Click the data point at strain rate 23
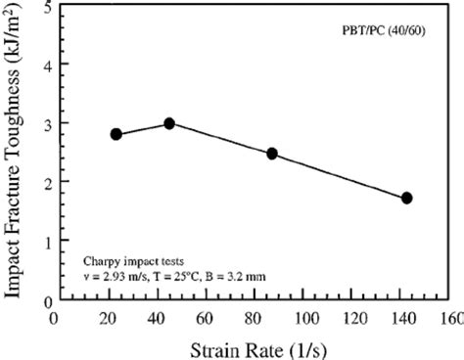point(116,134)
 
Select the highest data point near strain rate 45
point(169,123)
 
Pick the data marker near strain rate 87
point(272,154)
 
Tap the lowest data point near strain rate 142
point(406,198)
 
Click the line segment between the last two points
point(340,176)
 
